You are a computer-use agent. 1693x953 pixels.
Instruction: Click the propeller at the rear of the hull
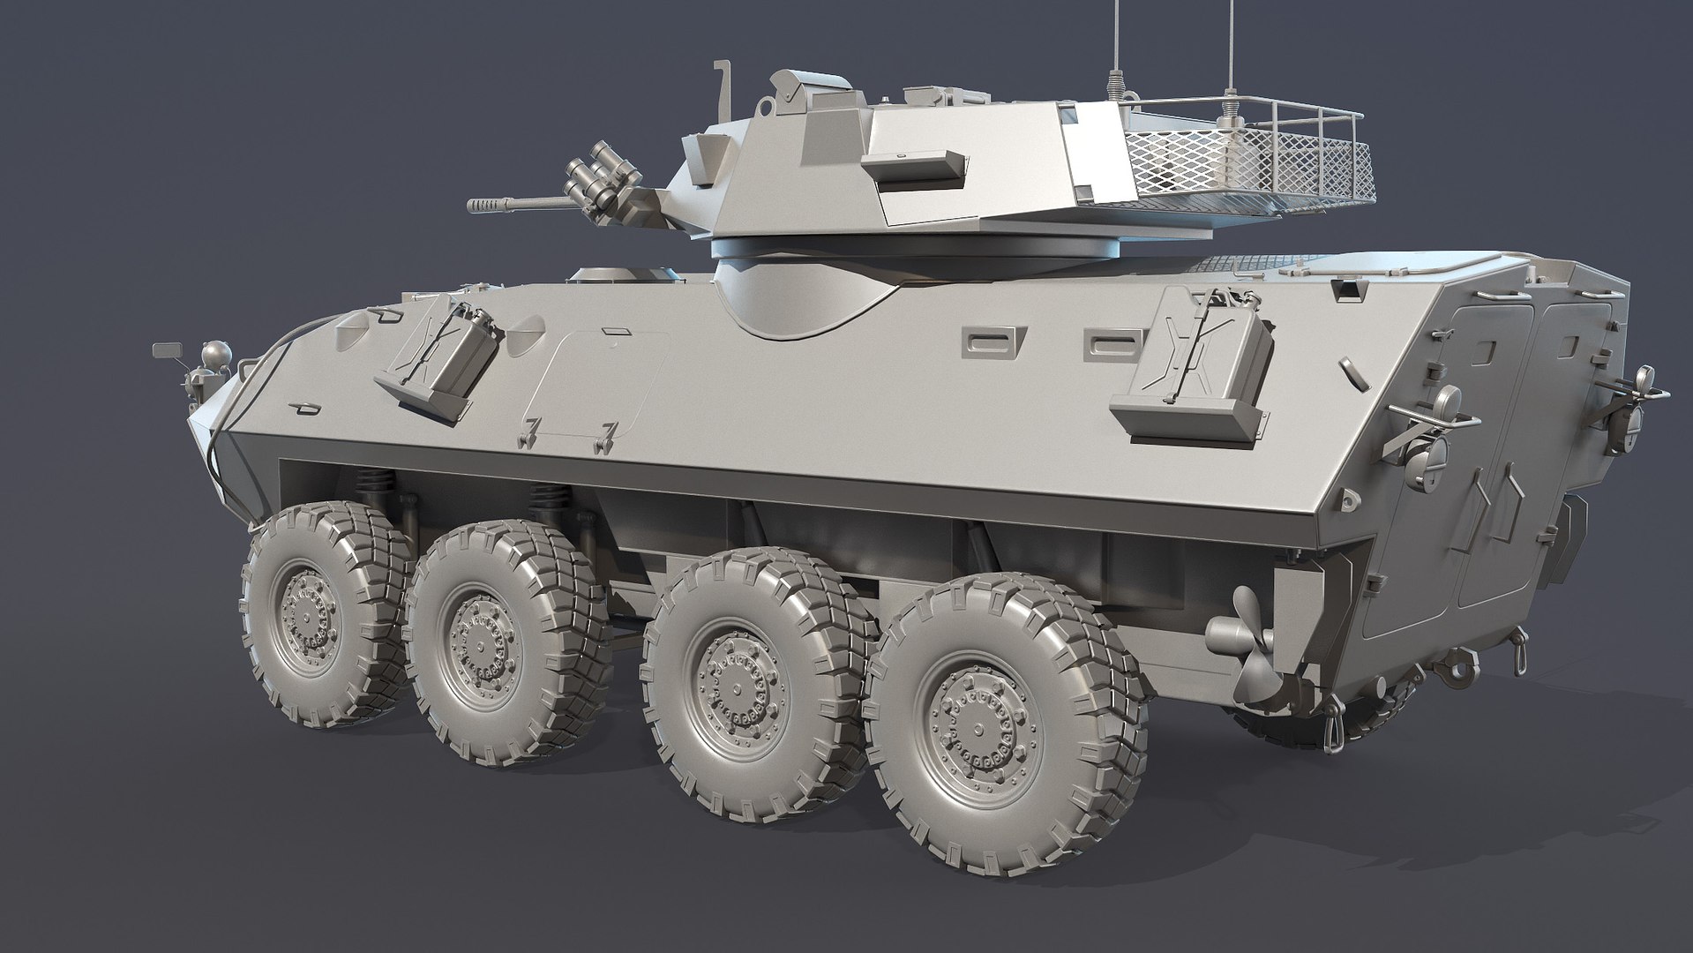click(1248, 649)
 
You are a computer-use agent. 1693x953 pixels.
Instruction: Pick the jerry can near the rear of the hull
click(1195, 376)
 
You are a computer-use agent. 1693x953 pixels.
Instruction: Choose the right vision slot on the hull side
click(1103, 341)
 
